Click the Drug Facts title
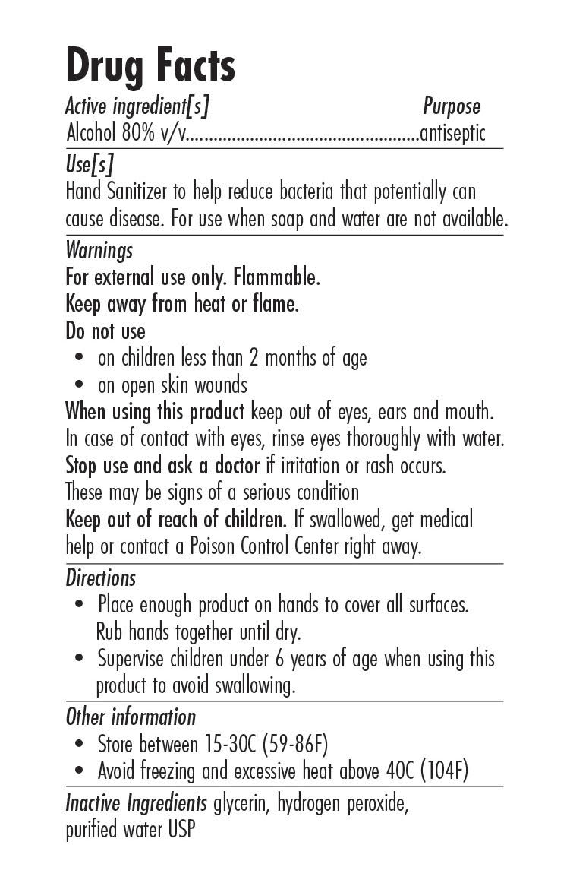tap(150, 66)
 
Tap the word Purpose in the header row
tap(452, 106)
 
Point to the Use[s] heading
tap(89, 164)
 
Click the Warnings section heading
tap(99, 250)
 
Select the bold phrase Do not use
tap(105, 331)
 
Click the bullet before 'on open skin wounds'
tap(80, 385)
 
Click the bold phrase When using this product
tap(155, 412)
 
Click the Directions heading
tap(100, 578)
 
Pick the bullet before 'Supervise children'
tap(80, 659)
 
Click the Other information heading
tap(131, 717)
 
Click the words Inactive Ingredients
tap(136, 803)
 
